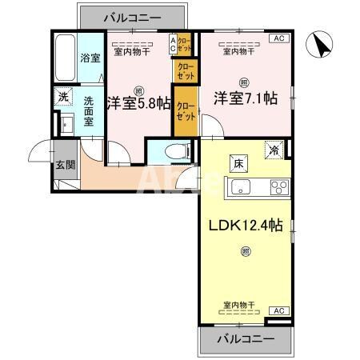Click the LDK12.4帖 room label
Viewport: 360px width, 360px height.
point(246,225)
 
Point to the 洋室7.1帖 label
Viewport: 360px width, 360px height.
point(245,100)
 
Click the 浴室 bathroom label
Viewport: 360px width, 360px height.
point(90,58)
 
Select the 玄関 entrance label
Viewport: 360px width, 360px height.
point(64,165)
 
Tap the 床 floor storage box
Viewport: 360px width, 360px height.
point(238,162)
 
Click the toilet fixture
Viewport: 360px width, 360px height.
point(173,152)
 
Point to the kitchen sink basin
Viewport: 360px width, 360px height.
point(241,188)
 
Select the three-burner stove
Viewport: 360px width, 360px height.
point(279,189)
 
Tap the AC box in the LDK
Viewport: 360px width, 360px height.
point(278,310)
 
